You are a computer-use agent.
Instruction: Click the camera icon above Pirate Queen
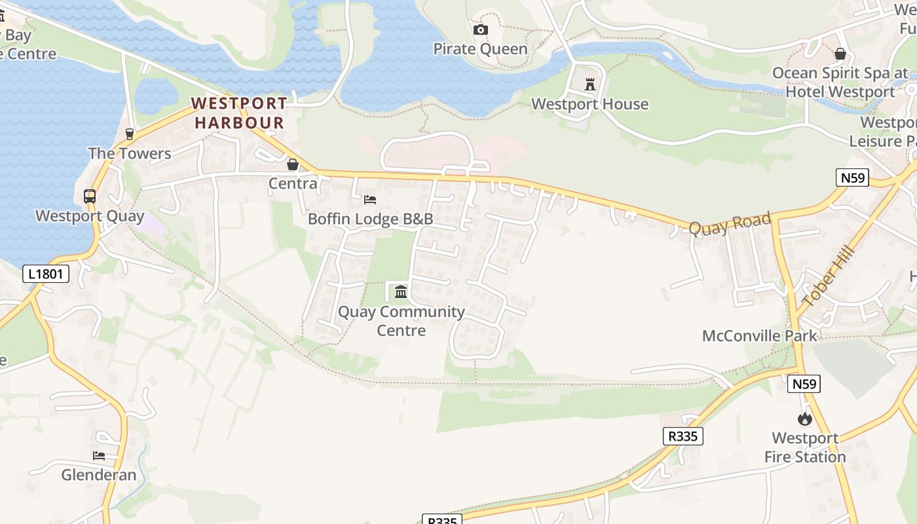480,29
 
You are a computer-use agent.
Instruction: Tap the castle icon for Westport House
590,84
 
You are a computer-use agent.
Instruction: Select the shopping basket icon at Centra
293,164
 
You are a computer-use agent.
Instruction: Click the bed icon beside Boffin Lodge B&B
370,199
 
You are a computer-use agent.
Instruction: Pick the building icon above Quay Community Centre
401,291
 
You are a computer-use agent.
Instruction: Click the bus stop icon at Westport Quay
90,196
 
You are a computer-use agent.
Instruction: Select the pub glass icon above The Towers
130,134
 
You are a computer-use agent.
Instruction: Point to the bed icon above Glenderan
99,455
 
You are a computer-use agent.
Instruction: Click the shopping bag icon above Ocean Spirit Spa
840,53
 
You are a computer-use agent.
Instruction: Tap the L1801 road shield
46,273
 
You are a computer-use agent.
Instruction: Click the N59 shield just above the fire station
804,384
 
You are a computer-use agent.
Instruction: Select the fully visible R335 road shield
683,436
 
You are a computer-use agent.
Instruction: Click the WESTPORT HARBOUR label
239,113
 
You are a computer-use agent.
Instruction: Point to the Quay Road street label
730,223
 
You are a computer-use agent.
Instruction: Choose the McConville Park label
759,336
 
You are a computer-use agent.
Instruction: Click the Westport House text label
589,104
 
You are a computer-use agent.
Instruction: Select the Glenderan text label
99,475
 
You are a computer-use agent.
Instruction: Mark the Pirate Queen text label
480,49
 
